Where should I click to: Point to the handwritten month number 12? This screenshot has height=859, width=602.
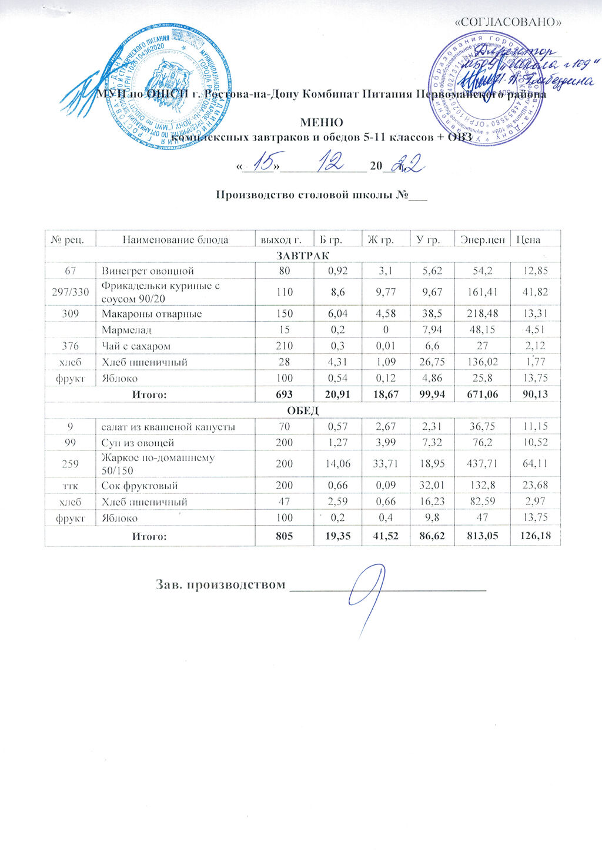pyautogui.click(x=330, y=163)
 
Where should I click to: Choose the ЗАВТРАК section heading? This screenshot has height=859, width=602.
pyautogui.click(x=303, y=255)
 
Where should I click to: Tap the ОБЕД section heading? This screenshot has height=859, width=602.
pyautogui.click(x=303, y=410)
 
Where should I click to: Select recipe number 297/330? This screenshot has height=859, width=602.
pyautogui.click(x=70, y=292)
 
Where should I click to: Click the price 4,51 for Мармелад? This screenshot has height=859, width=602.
pyautogui.click(x=537, y=330)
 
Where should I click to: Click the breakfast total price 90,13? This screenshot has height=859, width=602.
pyautogui.click(x=535, y=394)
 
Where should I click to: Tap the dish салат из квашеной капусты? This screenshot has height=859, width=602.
pyautogui.click(x=169, y=426)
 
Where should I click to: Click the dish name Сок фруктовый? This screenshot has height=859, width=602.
pyautogui.click(x=140, y=486)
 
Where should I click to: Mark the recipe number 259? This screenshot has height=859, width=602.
pyautogui.click(x=70, y=464)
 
